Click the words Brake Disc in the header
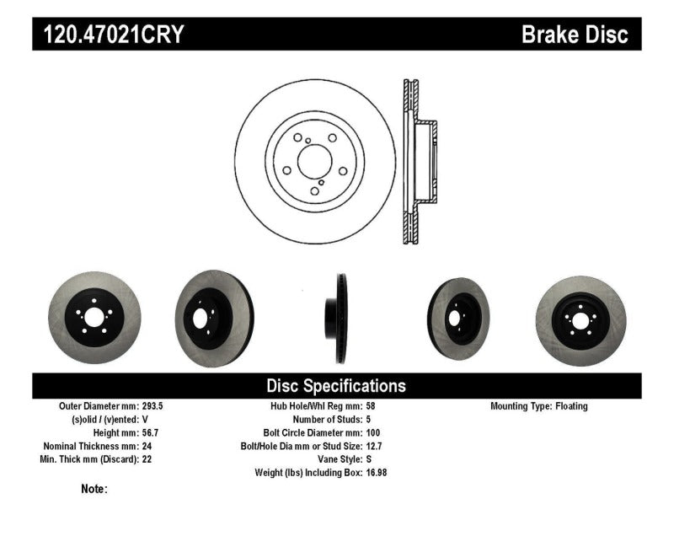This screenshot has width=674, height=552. click(575, 35)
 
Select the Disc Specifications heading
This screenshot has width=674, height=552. click(336, 386)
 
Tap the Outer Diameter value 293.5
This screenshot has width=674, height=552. click(154, 406)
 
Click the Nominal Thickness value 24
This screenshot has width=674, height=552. click(148, 447)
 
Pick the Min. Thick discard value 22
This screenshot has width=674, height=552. click(148, 460)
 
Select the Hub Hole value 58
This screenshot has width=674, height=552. click(372, 406)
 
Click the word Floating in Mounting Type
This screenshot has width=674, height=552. click(571, 406)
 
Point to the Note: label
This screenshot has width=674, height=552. click(94, 489)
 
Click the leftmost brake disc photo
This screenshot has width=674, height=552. click(94, 319)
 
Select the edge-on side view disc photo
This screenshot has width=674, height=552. click(336, 319)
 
